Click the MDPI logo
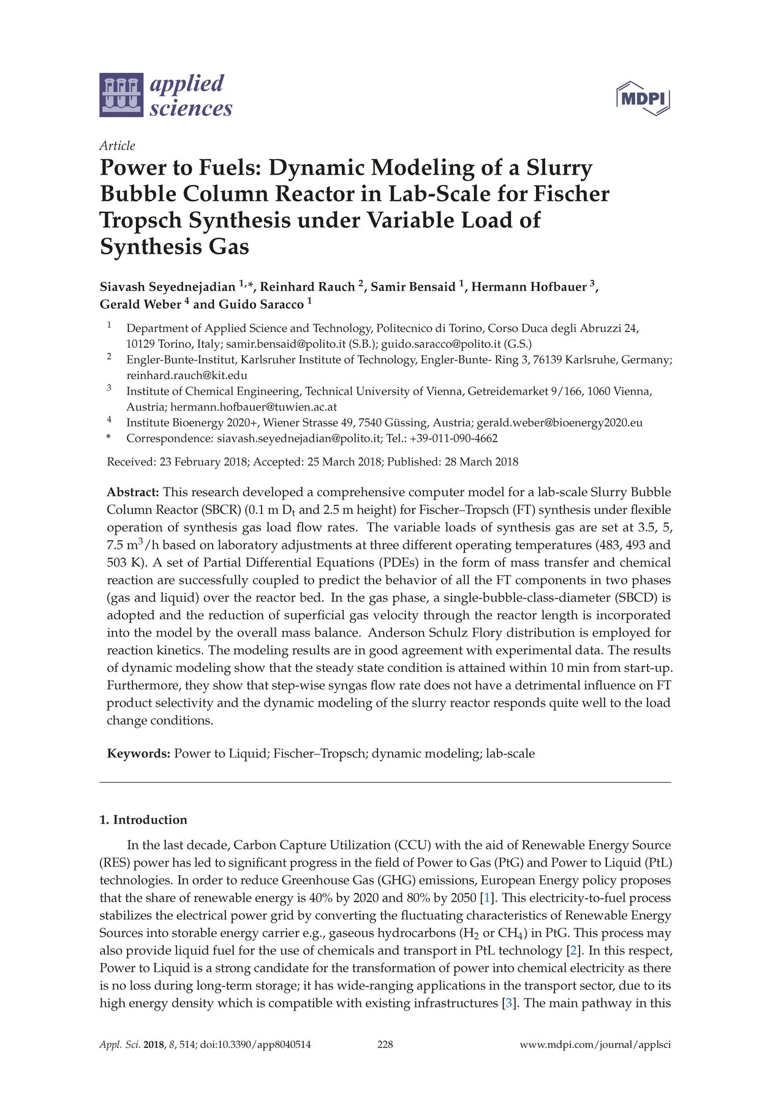(643, 98)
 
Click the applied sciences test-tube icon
(121, 95)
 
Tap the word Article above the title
(117, 145)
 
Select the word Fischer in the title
(571, 194)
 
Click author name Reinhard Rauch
(308, 287)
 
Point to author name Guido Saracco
(261, 304)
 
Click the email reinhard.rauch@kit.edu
(187, 375)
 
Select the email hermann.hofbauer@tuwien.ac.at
(254, 407)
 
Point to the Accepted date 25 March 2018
(344, 462)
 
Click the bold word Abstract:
(133, 492)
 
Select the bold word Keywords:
(138, 753)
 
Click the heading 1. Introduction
(143, 819)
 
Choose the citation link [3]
(509, 1003)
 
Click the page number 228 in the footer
(385, 1044)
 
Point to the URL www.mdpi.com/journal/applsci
(595, 1044)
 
